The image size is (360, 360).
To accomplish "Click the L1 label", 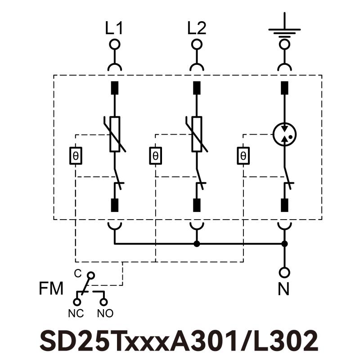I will (x=114, y=29).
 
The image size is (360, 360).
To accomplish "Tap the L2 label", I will (x=197, y=29).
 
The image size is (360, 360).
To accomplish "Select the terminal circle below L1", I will (x=115, y=45).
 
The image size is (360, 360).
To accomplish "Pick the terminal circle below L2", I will (x=197, y=45).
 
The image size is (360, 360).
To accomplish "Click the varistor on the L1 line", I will (x=115, y=134).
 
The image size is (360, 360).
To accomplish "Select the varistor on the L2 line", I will (x=197, y=134).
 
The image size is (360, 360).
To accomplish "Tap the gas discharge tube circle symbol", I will (x=284, y=134).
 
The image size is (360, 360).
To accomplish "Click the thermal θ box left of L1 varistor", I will (x=76, y=156).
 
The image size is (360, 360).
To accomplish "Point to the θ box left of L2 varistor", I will (x=155, y=156).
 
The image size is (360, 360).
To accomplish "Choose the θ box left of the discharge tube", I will (x=243, y=156).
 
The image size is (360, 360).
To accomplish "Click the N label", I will (x=283, y=289).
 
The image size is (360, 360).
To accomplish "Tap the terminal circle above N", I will (x=284, y=273).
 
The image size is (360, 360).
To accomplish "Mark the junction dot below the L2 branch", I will (x=197, y=244).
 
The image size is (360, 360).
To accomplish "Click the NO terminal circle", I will (x=104, y=301).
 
